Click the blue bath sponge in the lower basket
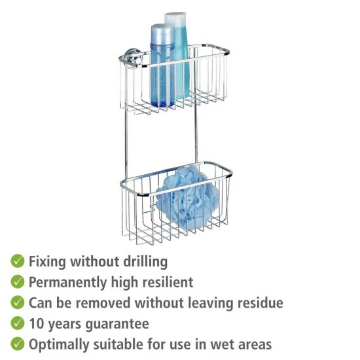point(187,198)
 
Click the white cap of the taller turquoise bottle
point(175,20)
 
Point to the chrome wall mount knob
point(133,58)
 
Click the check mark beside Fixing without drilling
point(18,261)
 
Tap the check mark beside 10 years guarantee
point(18,323)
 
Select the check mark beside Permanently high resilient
point(18,281)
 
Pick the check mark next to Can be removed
point(18,302)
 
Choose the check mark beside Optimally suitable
point(18,344)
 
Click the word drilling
point(145,262)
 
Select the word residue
point(260,302)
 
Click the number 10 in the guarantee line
point(37,323)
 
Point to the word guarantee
point(117,325)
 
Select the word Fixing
point(47,262)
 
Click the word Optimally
point(59,345)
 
